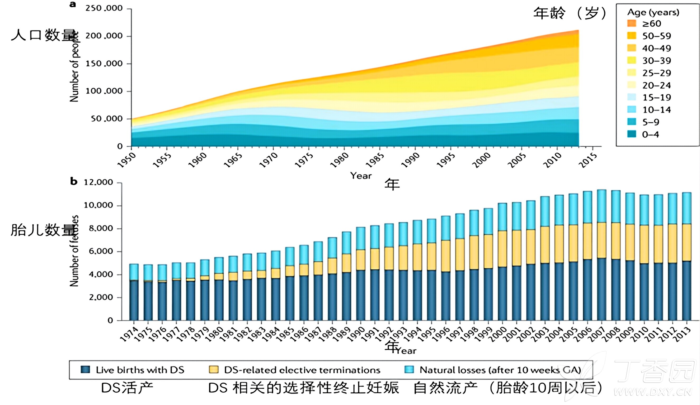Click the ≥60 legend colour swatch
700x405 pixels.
click(632, 23)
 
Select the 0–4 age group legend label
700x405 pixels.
click(651, 135)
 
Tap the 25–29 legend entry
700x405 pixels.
click(657, 73)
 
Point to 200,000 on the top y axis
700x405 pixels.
click(104, 36)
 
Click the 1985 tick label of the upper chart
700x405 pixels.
click(375, 160)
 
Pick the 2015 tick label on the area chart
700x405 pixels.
click(588, 160)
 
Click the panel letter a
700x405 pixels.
click(73, 4)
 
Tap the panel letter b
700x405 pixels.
click(74, 181)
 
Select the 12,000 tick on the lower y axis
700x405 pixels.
click(98, 182)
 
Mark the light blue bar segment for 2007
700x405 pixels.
click(602, 206)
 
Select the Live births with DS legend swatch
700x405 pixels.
click(85, 369)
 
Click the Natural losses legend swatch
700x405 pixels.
click(409, 369)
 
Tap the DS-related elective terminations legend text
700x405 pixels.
click(302, 370)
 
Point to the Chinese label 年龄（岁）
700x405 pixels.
click(569, 13)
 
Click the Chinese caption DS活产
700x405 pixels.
click(127, 388)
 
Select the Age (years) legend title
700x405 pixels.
click(653, 12)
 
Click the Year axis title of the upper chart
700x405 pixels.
click(361, 176)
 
